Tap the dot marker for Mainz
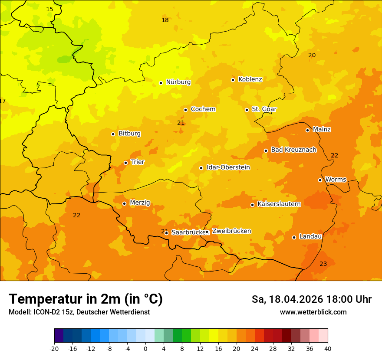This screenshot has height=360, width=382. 307,130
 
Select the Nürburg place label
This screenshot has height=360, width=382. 178,82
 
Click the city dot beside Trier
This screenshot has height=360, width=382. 125,163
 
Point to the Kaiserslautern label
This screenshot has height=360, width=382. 279,204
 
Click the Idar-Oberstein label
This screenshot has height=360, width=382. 228,167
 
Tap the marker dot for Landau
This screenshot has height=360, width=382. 294,237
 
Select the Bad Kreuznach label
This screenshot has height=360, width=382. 293,150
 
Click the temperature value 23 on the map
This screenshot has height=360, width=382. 323,264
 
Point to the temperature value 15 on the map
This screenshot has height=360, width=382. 49,9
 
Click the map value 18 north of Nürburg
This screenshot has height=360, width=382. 165,20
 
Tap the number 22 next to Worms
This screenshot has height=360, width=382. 334,156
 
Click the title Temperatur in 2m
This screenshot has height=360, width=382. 86,299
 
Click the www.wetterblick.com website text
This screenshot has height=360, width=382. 313,312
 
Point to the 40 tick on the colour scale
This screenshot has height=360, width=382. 328,348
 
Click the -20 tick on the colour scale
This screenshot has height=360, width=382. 54,348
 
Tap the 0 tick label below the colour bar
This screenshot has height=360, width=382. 145,348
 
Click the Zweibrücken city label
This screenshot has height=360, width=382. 231,231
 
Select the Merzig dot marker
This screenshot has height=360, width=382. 124,203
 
